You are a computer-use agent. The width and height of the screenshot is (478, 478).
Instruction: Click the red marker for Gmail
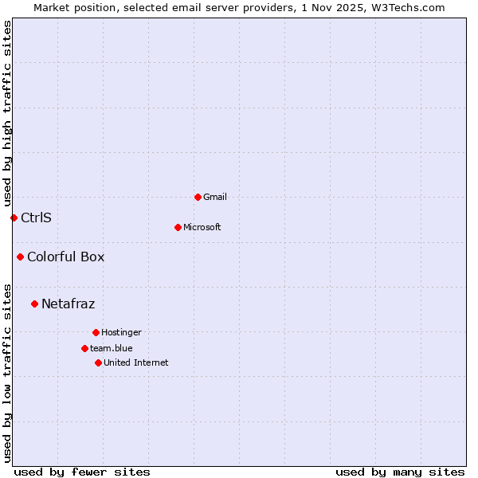click(198, 197)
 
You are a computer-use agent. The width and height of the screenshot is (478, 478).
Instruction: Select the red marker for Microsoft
click(178, 227)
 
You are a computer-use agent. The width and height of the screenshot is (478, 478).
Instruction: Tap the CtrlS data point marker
click(14, 217)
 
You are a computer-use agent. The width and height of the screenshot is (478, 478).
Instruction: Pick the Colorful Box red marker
click(20, 257)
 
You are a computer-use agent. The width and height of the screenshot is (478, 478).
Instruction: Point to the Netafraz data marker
click(34, 304)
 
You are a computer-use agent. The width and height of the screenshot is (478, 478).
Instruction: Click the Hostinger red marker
click(96, 332)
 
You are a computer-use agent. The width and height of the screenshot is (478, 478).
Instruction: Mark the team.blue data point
click(84, 348)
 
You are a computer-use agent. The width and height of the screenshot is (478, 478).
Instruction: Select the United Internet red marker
click(98, 362)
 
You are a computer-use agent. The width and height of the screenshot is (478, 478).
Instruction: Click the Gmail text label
click(215, 197)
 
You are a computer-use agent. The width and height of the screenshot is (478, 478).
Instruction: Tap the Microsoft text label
click(202, 227)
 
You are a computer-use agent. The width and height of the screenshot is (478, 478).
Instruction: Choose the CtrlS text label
click(36, 217)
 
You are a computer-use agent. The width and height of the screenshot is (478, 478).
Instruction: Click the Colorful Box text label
click(65, 257)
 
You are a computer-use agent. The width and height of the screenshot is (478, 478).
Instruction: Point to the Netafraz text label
click(68, 304)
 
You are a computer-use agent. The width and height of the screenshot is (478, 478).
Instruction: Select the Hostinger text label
click(121, 332)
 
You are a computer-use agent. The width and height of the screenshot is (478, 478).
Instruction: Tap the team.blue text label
click(112, 348)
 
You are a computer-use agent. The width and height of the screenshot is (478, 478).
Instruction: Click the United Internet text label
click(136, 362)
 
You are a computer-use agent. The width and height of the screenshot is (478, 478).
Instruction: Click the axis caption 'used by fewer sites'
click(82, 472)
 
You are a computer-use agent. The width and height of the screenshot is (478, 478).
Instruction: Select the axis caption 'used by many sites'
click(400, 472)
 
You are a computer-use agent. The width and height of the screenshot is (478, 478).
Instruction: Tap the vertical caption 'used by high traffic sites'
click(8, 113)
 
